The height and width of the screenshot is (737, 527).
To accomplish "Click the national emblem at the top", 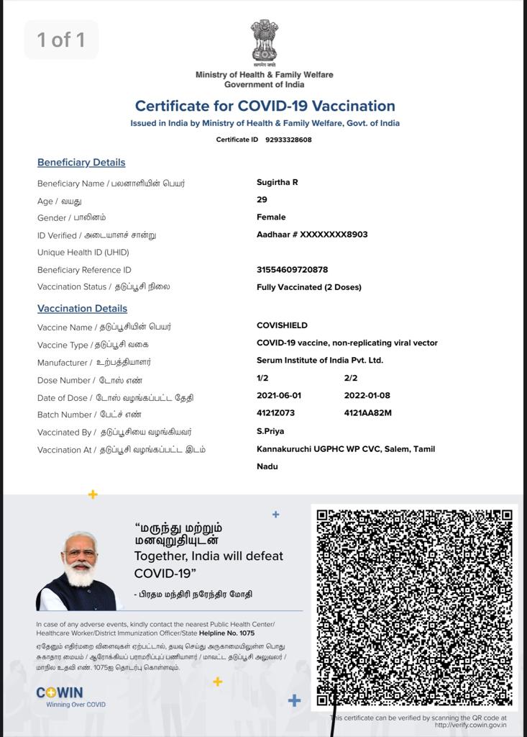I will pos(264,41).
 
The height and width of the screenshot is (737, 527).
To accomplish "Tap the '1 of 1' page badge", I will pos(61,40).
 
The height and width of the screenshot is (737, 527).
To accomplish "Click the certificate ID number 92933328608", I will pos(288,140).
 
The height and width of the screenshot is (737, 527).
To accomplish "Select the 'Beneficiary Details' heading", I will pos(81,163).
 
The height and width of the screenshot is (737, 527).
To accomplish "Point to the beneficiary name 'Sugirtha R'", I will pos(277,182).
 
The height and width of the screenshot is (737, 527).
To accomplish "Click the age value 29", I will pos(262,199).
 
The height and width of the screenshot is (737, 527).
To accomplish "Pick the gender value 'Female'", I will pos(271,217).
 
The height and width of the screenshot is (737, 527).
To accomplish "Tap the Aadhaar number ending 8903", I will pos(312,235).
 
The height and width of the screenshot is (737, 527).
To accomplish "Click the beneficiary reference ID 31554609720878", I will pos(292,270).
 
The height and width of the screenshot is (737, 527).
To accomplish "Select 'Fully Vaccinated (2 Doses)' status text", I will pos(308,287).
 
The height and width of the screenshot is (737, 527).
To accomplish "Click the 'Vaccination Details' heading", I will pos(82,309).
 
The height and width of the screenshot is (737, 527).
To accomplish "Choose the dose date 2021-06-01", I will pos(279,396).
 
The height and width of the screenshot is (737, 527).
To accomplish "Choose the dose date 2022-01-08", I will pos(367,396).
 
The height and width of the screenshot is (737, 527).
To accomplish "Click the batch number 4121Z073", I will pos(275,413).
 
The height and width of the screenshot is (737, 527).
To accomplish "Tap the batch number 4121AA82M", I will pos(367,413).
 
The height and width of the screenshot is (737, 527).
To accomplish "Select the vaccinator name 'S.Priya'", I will pos(270,431).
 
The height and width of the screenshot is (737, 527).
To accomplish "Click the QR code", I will pos(413,607).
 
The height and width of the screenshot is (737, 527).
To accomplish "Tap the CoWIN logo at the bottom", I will pos(60,693).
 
